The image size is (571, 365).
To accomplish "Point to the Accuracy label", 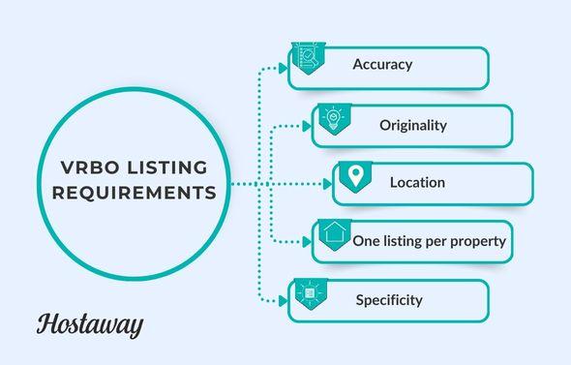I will point(382,65).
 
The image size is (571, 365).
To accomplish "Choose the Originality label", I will point(413,125).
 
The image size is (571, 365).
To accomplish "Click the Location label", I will point(417,182).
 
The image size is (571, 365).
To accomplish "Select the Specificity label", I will point(389,299).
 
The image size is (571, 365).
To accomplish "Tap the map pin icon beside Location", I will point(355,177).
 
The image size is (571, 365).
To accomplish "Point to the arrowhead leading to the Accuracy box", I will point(284,68).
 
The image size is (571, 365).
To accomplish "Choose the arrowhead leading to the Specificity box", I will point(284,300).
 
